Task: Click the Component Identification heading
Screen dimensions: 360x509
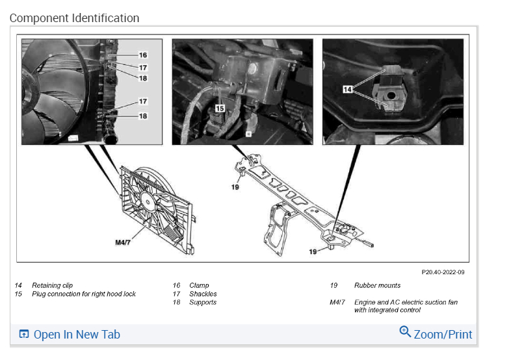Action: coord(74,18)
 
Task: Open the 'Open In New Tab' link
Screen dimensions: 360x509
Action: coord(77,335)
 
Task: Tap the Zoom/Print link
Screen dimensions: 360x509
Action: coord(443,335)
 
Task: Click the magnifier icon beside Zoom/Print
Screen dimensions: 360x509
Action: coord(405,332)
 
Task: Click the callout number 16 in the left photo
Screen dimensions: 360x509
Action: coord(142,56)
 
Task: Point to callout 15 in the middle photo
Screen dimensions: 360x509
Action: coord(220,109)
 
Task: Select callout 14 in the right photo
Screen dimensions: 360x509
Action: coord(347,90)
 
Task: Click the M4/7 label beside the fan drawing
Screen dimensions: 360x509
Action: coord(124,242)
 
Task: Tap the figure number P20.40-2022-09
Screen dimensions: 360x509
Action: coord(443,272)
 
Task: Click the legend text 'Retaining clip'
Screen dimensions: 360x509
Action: coord(53,285)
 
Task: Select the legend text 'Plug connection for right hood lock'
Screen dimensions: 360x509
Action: coord(84,294)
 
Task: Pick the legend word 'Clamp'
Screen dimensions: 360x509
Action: coord(199,285)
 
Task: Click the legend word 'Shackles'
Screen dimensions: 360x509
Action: coord(203,294)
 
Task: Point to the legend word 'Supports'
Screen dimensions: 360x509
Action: coord(203,302)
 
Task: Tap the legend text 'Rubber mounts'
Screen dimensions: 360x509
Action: coord(378,285)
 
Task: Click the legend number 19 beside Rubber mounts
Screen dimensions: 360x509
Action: coord(333,285)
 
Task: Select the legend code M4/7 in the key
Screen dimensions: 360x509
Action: coord(337,302)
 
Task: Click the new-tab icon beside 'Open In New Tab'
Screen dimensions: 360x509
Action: coord(24,335)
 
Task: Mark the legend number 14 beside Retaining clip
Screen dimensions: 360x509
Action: coord(18,285)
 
